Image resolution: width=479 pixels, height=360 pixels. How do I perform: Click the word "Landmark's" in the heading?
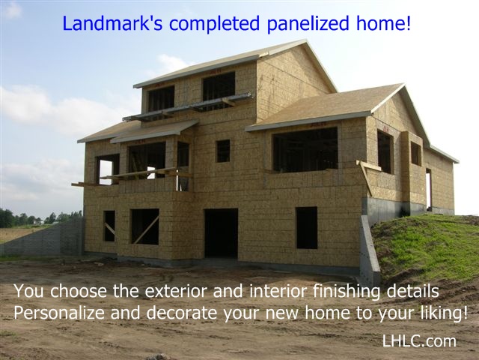(112, 23)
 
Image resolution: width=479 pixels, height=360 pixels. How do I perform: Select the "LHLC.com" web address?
(419, 341)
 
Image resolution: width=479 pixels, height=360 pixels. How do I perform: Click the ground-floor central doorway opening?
(221, 233)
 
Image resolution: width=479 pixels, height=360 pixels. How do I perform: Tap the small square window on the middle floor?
(223, 151)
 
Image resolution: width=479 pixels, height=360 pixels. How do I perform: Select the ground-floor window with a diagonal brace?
(144, 226)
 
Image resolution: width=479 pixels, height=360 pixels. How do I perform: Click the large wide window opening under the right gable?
(305, 150)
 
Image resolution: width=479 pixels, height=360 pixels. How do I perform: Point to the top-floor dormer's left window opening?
(161, 99)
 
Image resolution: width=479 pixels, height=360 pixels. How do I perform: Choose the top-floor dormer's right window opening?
(219, 86)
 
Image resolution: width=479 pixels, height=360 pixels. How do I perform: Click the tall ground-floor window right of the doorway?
(306, 228)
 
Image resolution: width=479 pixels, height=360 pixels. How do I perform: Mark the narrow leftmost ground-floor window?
(109, 226)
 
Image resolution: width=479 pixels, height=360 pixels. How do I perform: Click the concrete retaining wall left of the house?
(41, 238)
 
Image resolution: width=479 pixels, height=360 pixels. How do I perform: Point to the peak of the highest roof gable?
(305, 40)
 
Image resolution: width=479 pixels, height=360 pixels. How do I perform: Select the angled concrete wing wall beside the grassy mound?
(369, 250)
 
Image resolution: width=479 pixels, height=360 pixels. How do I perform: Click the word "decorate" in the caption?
(181, 313)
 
